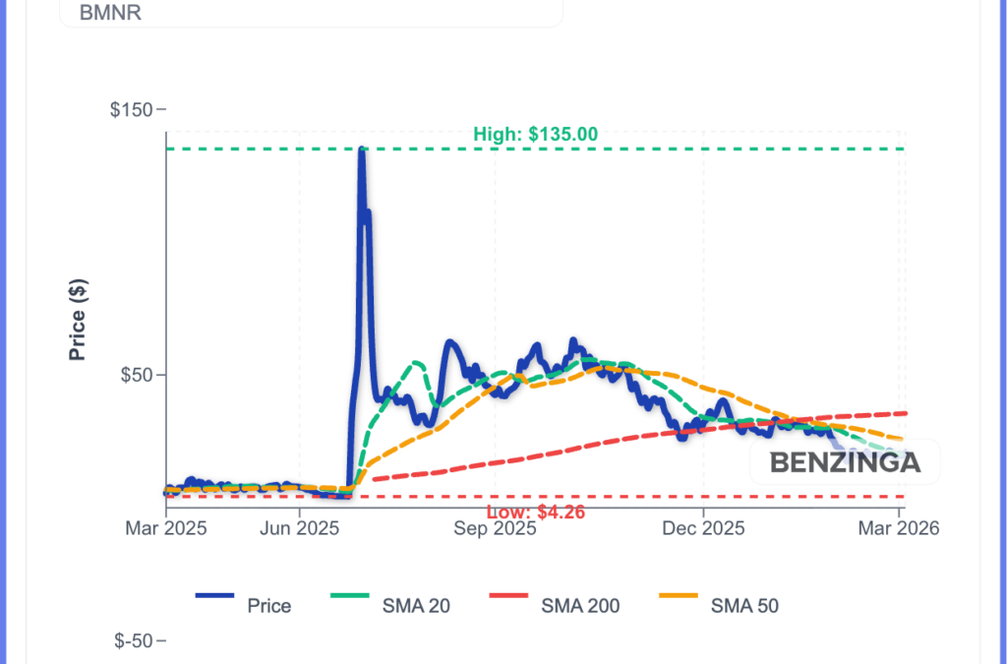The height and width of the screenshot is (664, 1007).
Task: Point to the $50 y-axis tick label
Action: [x=140, y=375]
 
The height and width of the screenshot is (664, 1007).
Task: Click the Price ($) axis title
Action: [x=79, y=319]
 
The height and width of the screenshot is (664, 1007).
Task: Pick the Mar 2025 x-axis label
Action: [x=165, y=528]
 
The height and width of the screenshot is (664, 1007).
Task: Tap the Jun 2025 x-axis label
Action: [x=299, y=528]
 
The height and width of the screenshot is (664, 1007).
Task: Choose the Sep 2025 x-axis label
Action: [x=495, y=528]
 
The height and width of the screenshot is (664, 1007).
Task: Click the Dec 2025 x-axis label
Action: [x=703, y=528]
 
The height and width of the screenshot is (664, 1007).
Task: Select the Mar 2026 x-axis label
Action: [x=899, y=528]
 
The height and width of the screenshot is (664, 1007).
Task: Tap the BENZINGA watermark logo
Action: [x=845, y=462]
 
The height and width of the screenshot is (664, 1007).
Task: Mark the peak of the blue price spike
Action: [x=362, y=150]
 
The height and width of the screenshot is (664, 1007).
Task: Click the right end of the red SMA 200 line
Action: [x=905, y=413]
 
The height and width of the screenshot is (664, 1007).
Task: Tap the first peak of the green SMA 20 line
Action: [x=417, y=362]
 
